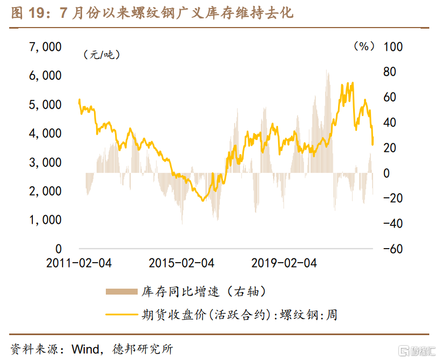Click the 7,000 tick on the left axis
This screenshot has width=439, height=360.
pyautogui.click(x=45, y=47)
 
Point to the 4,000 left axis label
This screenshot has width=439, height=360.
pyautogui.click(x=45, y=134)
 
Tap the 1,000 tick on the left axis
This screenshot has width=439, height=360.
pyautogui.click(x=45, y=220)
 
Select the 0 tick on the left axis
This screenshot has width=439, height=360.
pyautogui.click(x=58, y=249)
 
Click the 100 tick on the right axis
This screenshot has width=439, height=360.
pyautogui.click(x=393, y=47)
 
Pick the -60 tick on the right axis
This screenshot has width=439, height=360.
pyautogui.click(x=393, y=249)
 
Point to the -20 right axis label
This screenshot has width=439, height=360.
pyautogui.click(x=393, y=198)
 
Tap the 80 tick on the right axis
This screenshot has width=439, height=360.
pyautogui.click(x=390, y=72)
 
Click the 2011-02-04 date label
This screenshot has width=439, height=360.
pyautogui.click(x=79, y=263)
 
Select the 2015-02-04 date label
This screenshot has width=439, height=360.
pyautogui.click(x=181, y=263)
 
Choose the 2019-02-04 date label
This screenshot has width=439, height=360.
pyautogui.click(x=284, y=263)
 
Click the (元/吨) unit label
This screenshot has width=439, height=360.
pyautogui.click(x=102, y=55)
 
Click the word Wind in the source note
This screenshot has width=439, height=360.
pyautogui.click(x=83, y=349)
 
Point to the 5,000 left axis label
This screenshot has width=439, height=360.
pyautogui.click(x=45, y=104)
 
